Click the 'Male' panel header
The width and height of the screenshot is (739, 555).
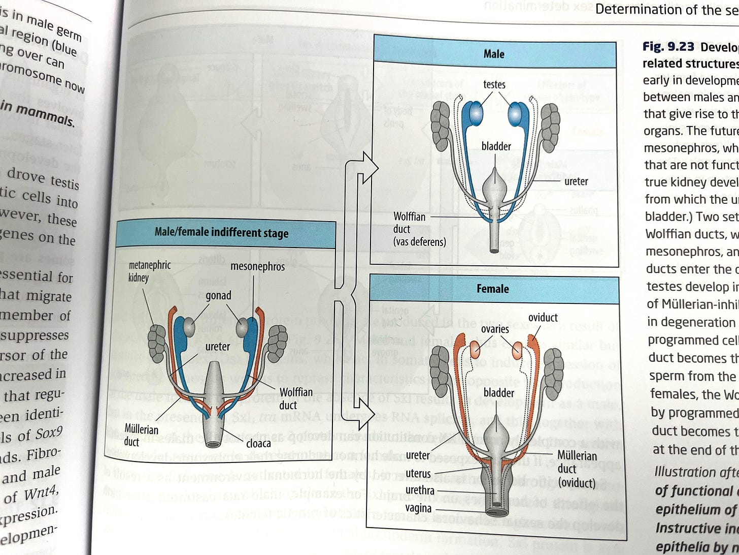(x=494, y=54)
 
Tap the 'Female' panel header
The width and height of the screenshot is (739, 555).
(x=492, y=289)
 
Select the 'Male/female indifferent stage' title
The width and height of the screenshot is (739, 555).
(x=221, y=233)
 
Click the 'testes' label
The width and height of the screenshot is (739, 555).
(x=494, y=84)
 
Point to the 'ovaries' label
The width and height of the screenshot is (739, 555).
(x=495, y=329)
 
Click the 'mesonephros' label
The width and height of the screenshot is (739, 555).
(x=257, y=266)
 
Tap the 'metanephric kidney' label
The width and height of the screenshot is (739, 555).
(x=150, y=271)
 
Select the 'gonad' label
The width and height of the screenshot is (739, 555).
(x=218, y=295)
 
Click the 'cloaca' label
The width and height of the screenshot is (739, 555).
(x=258, y=443)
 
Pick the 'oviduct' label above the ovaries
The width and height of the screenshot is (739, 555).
(x=543, y=318)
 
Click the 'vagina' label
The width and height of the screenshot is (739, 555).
(x=418, y=508)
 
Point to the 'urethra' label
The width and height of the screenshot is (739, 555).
(x=420, y=490)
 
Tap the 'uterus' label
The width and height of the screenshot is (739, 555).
(x=418, y=474)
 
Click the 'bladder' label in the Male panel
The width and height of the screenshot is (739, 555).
(x=496, y=146)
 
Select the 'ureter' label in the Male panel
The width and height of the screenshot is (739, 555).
(x=576, y=181)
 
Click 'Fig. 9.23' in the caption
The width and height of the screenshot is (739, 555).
(x=669, y=47)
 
